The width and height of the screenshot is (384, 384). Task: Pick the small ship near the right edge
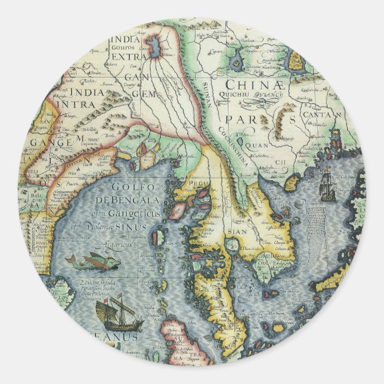coord(327,186)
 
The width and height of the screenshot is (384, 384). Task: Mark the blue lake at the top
coord(155,45)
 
